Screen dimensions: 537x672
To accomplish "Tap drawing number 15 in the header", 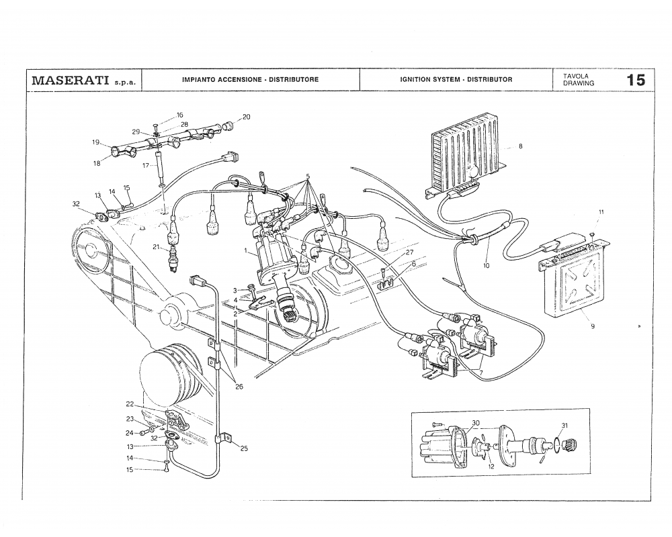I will pyautogui.click(x=636, y=81).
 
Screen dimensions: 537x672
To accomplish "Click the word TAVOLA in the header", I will pyautogui.click(x=576, y=76).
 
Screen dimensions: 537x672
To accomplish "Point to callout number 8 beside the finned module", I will pyautogui.click(x=520, y=147).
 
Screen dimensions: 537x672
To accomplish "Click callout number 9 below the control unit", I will pyautogui.click(x=593, y=327).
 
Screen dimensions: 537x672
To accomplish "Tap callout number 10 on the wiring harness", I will pyautogui.click(x=486, y=266).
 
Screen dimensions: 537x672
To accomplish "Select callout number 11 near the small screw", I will pyautogui.click(x=601, y=212).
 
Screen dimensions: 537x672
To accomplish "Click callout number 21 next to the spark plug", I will pyautogui.click(x=155, y=247).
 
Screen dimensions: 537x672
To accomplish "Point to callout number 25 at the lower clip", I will pyautogui.click(x=243, y=449).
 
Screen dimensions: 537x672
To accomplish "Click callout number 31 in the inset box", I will pyautogui.click(x=564, y=426).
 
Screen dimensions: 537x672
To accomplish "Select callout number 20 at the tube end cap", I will pyautogui.click(x=246, y=117).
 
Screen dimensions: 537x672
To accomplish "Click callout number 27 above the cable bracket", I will pyautogui.click(x=409, y=252).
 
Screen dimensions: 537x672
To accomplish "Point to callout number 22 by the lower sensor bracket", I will pyautogui.click(x=130, y=404).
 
